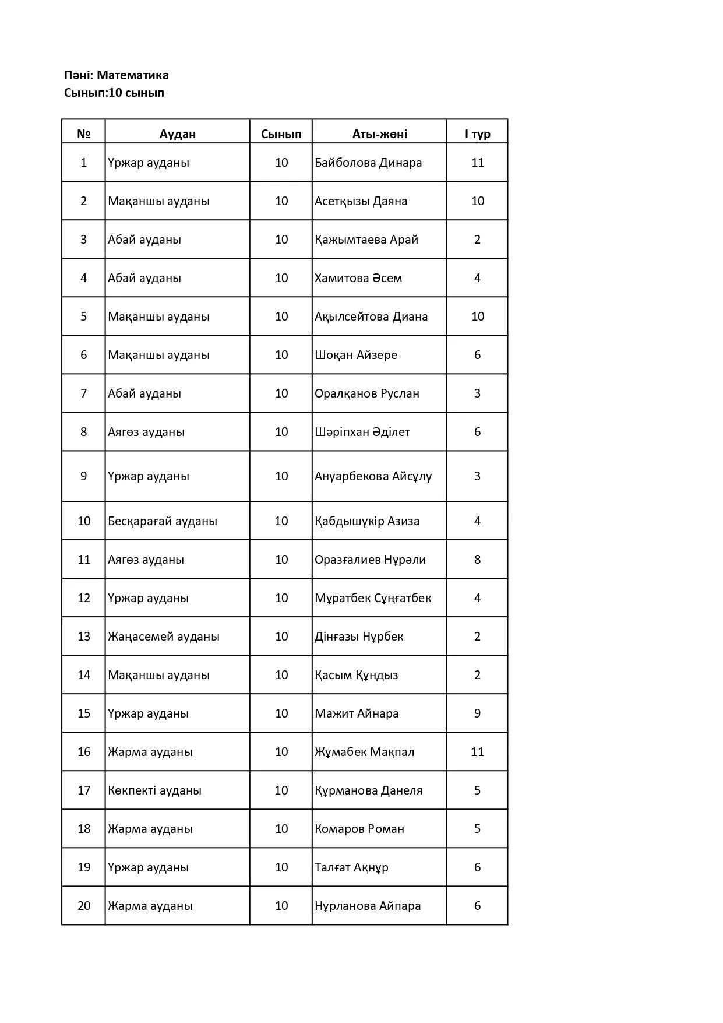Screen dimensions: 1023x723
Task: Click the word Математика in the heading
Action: click(x=132, y=75)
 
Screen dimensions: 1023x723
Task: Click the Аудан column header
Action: click(x=178, y=134)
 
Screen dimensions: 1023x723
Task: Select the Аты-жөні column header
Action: click(x=379, y=134)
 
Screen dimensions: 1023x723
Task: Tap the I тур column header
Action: click(x=477, y=134)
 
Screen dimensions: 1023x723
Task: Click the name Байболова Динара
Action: click(x=368, y=163)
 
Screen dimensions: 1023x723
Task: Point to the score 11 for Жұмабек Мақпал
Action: click(x=477, y=752)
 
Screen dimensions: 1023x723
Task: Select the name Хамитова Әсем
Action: click(x=358, y=278)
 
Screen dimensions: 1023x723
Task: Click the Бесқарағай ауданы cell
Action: click(x=163, y=521)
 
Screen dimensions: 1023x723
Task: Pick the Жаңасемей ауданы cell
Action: click(x=164, y=637)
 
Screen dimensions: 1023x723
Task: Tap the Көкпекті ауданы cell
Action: click(x=155, y=790)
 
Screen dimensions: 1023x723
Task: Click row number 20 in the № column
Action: click(x=84, y=906)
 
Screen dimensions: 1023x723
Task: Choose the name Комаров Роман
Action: click(x=359, y=829)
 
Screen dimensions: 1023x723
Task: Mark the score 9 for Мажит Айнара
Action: click(x=477, y=713)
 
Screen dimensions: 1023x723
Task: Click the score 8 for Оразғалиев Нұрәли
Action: click(x=477, y=560)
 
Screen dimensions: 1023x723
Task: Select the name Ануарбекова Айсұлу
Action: click(x=373, y=476)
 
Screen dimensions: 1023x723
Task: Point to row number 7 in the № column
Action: click(x=84, y=393)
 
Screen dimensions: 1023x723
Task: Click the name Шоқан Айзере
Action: click(x=356, y=355)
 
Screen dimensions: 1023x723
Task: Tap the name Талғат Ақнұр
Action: click(x=351, y=867)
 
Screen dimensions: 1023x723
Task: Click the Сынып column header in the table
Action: click(x=281, y=134)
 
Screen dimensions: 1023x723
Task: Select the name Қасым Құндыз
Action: click(x=357, y=675)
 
